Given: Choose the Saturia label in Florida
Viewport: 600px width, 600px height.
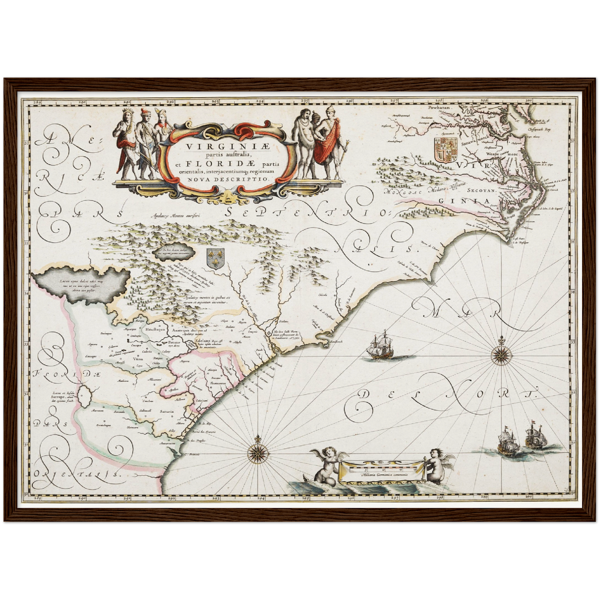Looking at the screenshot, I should click(165, 411).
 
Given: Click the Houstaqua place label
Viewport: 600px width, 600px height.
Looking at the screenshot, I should click(155, 329).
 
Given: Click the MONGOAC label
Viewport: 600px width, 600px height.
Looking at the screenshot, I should click(400, 192).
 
